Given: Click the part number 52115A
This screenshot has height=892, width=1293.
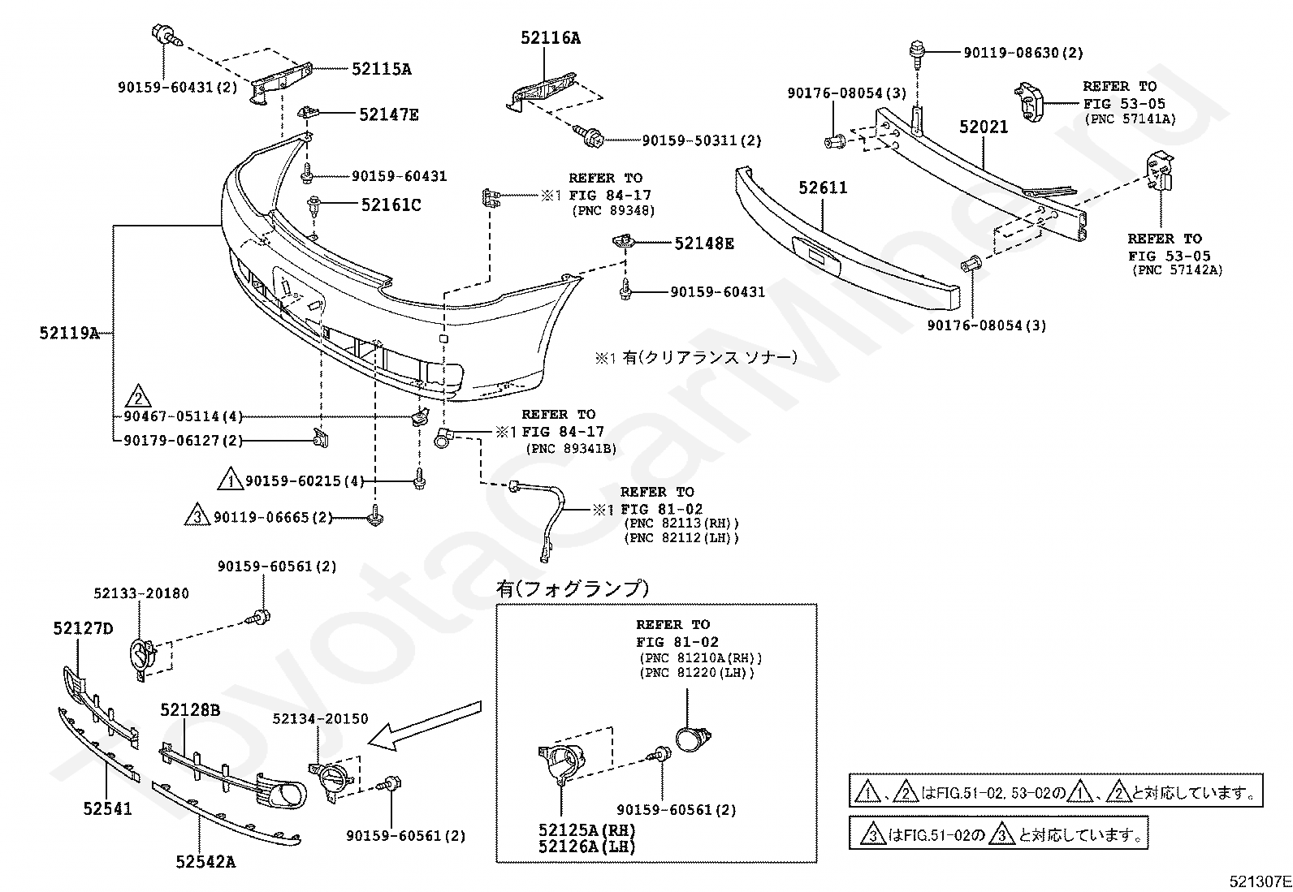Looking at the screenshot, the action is pyautogui.click(x=382, y=69).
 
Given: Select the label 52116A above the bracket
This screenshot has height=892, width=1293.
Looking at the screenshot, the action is pyautogui.click(x=550, y=38).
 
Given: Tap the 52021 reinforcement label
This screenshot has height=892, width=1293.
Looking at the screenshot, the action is pyautogui.click(x=984, y=127).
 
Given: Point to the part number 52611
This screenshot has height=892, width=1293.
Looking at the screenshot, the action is pyautogui.click(x=823, y=187).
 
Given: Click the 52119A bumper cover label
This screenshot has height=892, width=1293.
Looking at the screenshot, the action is pyautogui.click(x=69, y=333).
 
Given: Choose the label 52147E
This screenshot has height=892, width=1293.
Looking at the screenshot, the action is pyautogui.click(x=389, y=114).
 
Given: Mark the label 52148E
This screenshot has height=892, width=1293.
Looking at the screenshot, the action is pyautogui.click(x=704, y=243).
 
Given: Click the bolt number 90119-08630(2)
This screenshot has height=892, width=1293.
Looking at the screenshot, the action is pyautogui.click(x=1023, y=53).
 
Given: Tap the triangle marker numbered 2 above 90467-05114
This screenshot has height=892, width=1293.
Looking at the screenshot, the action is pyautogui.click(x=138, y=396).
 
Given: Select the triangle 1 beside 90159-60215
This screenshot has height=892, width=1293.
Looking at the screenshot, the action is pyautogui.click(x=231, y=478).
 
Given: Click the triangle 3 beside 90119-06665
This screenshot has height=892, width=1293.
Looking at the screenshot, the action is pyautogui.click(x=197, y=514).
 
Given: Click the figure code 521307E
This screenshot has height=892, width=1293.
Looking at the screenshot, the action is pyautogui.click(x=1260, y=881).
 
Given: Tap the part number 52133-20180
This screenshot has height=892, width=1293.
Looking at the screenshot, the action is pyautogui.click(x=141, y=593).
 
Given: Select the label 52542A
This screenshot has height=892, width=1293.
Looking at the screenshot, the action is pyautogui.click(x=206, y=862).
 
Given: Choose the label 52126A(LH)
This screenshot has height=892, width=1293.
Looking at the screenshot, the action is pyautogui.click(x=586, y=847).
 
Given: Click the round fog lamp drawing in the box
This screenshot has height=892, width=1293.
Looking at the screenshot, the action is pyautogui.click(x=692, y=739).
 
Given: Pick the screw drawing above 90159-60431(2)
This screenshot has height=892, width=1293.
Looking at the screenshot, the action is pyautogui.click(x=166, y=35).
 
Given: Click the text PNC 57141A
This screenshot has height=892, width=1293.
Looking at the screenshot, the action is pyautogui.click(x=1131, y=119).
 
